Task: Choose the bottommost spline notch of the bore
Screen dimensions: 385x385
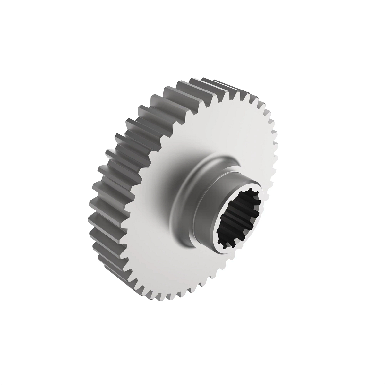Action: pos(225,245)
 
